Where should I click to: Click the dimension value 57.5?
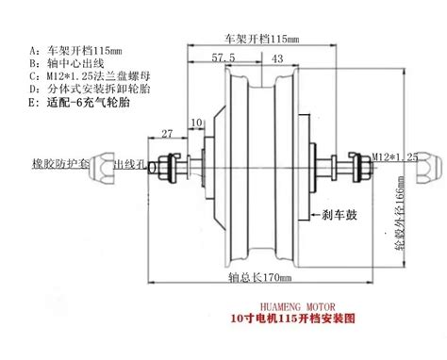point(223,58)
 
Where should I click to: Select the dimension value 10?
point(196,123)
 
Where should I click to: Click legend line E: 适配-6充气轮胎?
point(85,111)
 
